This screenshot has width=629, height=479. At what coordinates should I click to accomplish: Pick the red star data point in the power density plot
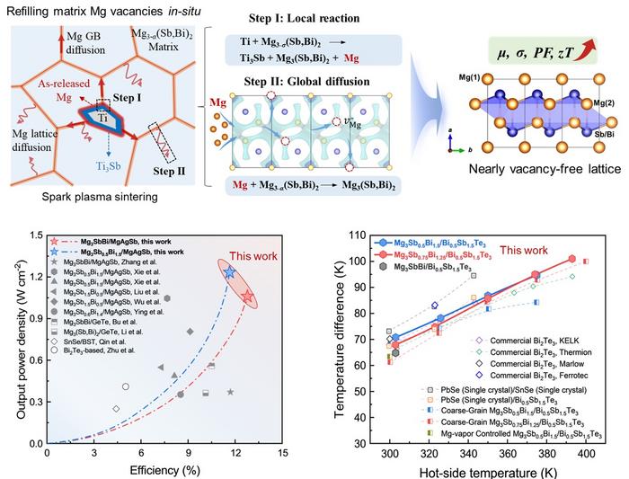coord(248,297)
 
